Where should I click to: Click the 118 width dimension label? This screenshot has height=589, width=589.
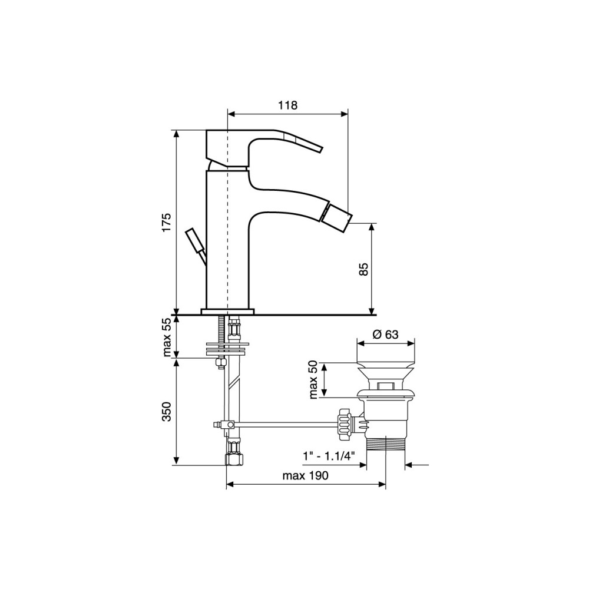point(288,105)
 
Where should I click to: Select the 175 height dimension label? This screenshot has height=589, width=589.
point(167,223)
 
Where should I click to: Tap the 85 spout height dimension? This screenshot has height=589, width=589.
point(363,269)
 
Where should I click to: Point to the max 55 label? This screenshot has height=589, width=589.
point(167,336)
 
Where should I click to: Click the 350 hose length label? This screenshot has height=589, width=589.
point(167,412)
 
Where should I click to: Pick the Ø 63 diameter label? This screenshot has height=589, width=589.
point(386,334)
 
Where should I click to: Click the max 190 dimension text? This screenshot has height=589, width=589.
point(305,475)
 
